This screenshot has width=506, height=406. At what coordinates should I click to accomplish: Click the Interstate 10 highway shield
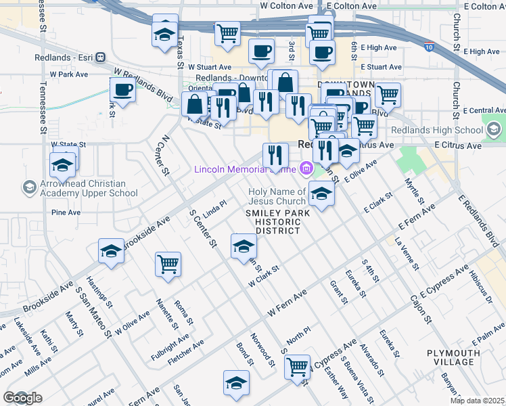tap(430, 47)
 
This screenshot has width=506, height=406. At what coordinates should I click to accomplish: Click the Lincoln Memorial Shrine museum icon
tap(306, 168)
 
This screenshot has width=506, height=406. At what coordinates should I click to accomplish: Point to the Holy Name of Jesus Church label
tap(277, 196)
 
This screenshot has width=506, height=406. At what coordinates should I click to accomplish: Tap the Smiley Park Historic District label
tap(277, 221)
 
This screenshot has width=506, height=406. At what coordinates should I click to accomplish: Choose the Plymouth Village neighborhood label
tap(453, 357)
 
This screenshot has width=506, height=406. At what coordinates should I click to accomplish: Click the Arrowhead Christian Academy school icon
tap(29, 187)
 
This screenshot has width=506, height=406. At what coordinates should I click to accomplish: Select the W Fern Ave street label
tap(287, 302)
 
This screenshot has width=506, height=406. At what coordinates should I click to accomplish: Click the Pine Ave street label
tap(66, 212)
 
